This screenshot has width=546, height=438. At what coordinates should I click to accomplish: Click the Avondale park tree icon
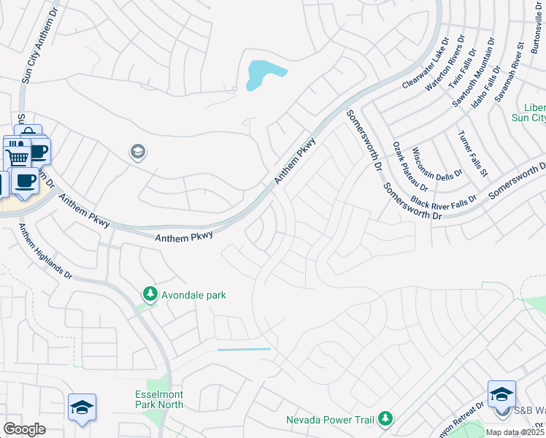click(x=150, y=294)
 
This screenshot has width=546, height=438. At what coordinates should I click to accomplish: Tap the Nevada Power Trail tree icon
click(x=385, y=419)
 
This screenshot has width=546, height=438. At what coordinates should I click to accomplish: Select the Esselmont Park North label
click(x=158, y=399)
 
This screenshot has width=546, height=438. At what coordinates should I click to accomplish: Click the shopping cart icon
click(x=17, y=155)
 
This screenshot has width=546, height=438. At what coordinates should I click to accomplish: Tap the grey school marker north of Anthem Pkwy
click(x=136, y=152)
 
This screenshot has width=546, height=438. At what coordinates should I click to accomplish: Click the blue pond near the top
click(x=264, y=74)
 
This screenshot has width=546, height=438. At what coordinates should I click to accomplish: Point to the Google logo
click(x=24, y=429)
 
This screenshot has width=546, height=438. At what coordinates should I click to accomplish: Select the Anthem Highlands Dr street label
click(x=45, y=250)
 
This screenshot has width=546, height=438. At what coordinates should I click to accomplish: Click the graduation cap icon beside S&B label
click(x=501, y=395)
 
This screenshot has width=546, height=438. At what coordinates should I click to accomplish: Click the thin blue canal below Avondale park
click(x=244, y=350)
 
